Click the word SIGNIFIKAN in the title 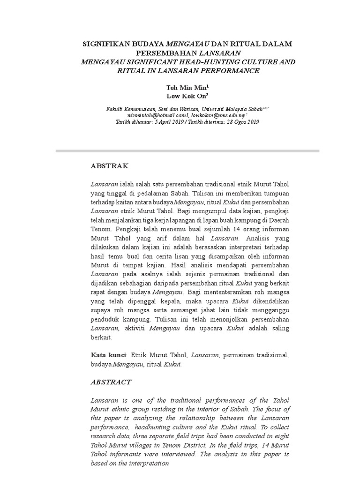tap(104, 44)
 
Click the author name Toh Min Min tap(186, 88)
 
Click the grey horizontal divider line tap(187, 151)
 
